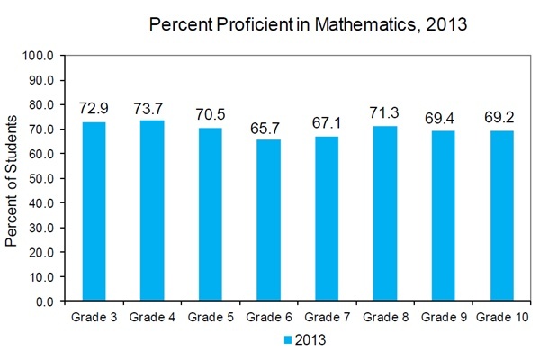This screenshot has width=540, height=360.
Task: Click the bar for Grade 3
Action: tap(94, 211)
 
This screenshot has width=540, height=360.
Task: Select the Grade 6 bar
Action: tap(268, 220)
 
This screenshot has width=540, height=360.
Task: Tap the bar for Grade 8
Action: tap(385, 213)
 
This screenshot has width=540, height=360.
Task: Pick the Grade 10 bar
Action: tap(502, 216)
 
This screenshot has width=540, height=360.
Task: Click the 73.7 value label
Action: tap(148, 109)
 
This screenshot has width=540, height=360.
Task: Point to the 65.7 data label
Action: tap(265, 128)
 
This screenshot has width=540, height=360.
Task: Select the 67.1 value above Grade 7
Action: tap(327, 123)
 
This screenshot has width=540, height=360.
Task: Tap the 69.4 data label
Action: tap(439, 118)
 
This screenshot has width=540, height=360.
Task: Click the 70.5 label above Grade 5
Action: tap(211, 114)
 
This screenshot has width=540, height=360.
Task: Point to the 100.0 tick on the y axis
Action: tap(38, 56)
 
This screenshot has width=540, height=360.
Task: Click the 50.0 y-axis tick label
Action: tap(41, 178)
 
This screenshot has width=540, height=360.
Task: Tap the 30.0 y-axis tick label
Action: tap(41, 228)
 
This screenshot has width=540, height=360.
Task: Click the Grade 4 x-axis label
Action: tap(152, 317)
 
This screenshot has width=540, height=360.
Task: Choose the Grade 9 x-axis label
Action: tap(444, 317)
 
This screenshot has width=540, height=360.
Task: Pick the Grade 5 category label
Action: tap(211, 317)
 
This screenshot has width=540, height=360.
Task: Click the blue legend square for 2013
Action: tap(288, 340)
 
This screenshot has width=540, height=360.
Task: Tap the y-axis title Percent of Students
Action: tap(12, 181)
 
